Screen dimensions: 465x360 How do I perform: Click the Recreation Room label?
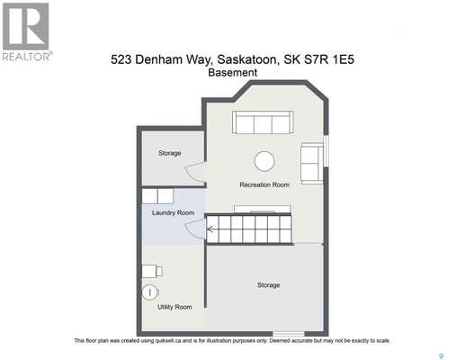click(x=264, y=184)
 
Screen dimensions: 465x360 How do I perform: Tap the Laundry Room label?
click(x=173, y=212)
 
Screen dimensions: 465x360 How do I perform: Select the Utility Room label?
click(x=174, y=307)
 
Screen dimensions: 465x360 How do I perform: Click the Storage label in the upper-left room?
click(x=170, y=153)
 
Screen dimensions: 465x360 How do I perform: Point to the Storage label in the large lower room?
click(x=269, y=285)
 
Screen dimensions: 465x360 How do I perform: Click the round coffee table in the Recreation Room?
click(x=264, y=161)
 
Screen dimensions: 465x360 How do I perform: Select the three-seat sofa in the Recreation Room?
click(x=263, y=122)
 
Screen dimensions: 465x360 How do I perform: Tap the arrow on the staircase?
click(x=210, y=229)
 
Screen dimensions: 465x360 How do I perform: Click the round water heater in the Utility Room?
click(x=149, y=292)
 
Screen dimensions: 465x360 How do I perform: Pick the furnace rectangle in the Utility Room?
click(x=152, y=271)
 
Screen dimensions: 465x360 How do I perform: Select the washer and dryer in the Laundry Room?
click(x=157, y=196)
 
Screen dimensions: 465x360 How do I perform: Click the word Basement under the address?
click(x=233, y=73)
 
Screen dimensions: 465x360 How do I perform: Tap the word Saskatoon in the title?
click(x=246, y=59)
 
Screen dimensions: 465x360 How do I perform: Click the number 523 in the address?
click(x=121, y=59)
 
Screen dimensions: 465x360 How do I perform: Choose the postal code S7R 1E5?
click(x=329, y=59)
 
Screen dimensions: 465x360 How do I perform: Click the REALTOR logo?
click(x=26, y=31)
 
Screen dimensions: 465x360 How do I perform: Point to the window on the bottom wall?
click(x=289, y=334)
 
